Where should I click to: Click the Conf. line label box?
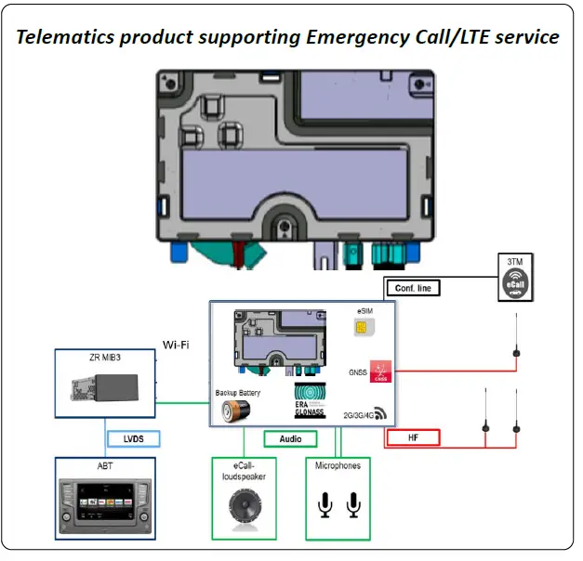[x=410, y=288]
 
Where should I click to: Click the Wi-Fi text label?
[x=177, y=345]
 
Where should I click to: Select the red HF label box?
[x=424, y=437]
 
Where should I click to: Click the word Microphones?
[x=338, y=465]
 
